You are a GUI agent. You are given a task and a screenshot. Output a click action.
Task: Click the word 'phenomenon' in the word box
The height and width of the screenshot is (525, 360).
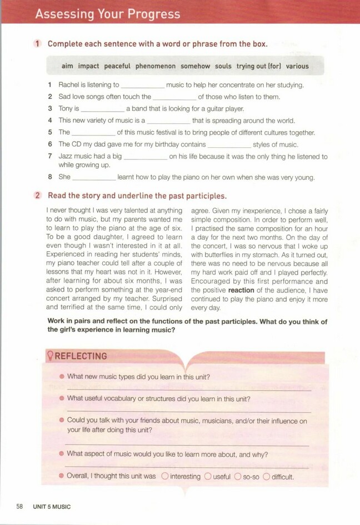coord(155,66)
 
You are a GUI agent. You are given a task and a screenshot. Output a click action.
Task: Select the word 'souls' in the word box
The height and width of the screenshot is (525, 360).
coord(223,66)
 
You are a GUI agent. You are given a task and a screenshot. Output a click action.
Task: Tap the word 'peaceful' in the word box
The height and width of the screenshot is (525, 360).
coord(117,66)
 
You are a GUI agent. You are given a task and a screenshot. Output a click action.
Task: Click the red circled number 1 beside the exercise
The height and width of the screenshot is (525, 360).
coord(38,44)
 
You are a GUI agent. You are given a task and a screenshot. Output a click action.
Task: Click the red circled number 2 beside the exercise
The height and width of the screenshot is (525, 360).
coord(38,196)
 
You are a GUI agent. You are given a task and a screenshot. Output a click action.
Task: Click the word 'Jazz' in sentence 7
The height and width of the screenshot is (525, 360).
coord(66,157)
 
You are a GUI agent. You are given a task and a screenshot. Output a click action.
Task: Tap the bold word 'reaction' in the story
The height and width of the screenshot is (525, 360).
coord(237,290)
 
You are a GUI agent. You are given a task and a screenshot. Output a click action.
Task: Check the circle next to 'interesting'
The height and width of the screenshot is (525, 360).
coord(165,476)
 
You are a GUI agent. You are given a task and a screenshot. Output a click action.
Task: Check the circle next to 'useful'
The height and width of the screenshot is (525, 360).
coord(208,476)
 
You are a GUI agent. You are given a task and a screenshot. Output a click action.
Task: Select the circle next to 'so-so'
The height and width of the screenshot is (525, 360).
coord(238,476)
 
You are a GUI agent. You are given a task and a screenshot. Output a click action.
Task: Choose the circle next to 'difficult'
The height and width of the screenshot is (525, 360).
coord(267,476)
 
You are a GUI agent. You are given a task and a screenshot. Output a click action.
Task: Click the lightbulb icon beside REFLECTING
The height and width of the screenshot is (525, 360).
coord(48,356)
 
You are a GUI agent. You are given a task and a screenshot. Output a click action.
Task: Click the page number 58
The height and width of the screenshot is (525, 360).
coord(19,507)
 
